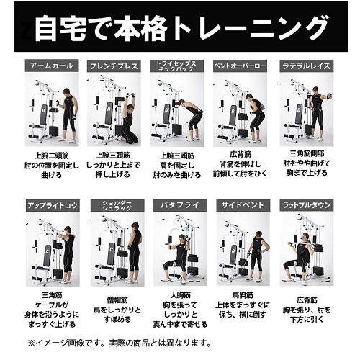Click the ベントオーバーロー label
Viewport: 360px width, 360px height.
click(x=240, y=66)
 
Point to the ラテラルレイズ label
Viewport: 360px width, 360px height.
click(x=306, y=66)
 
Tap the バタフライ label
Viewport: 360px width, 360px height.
click(x=176, y=205)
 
